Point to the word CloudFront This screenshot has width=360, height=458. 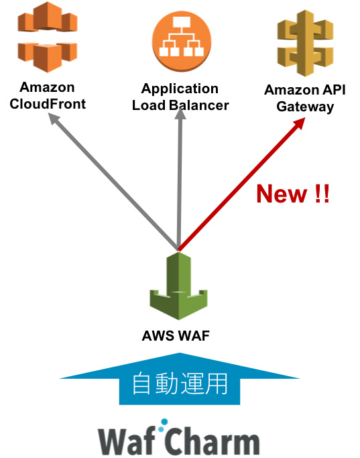click(x=48, y=105)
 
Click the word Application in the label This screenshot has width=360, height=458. click(x=180, y=89)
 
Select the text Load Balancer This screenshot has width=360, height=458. click(x=180, y=105)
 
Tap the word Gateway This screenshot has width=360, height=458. click(x=305, y=107)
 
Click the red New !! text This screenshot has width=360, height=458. click(x=293, y=194)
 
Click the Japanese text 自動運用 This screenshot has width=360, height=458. click(x=180, y=384)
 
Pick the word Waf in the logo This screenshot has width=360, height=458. click(x=128, y=440)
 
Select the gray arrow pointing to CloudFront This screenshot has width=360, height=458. click(x=114, y=181)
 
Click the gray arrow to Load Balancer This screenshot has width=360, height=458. click(x=179, y=181)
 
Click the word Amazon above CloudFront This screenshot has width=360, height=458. click(x=47, y=88)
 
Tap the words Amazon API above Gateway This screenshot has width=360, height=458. click(x=305, y=91)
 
